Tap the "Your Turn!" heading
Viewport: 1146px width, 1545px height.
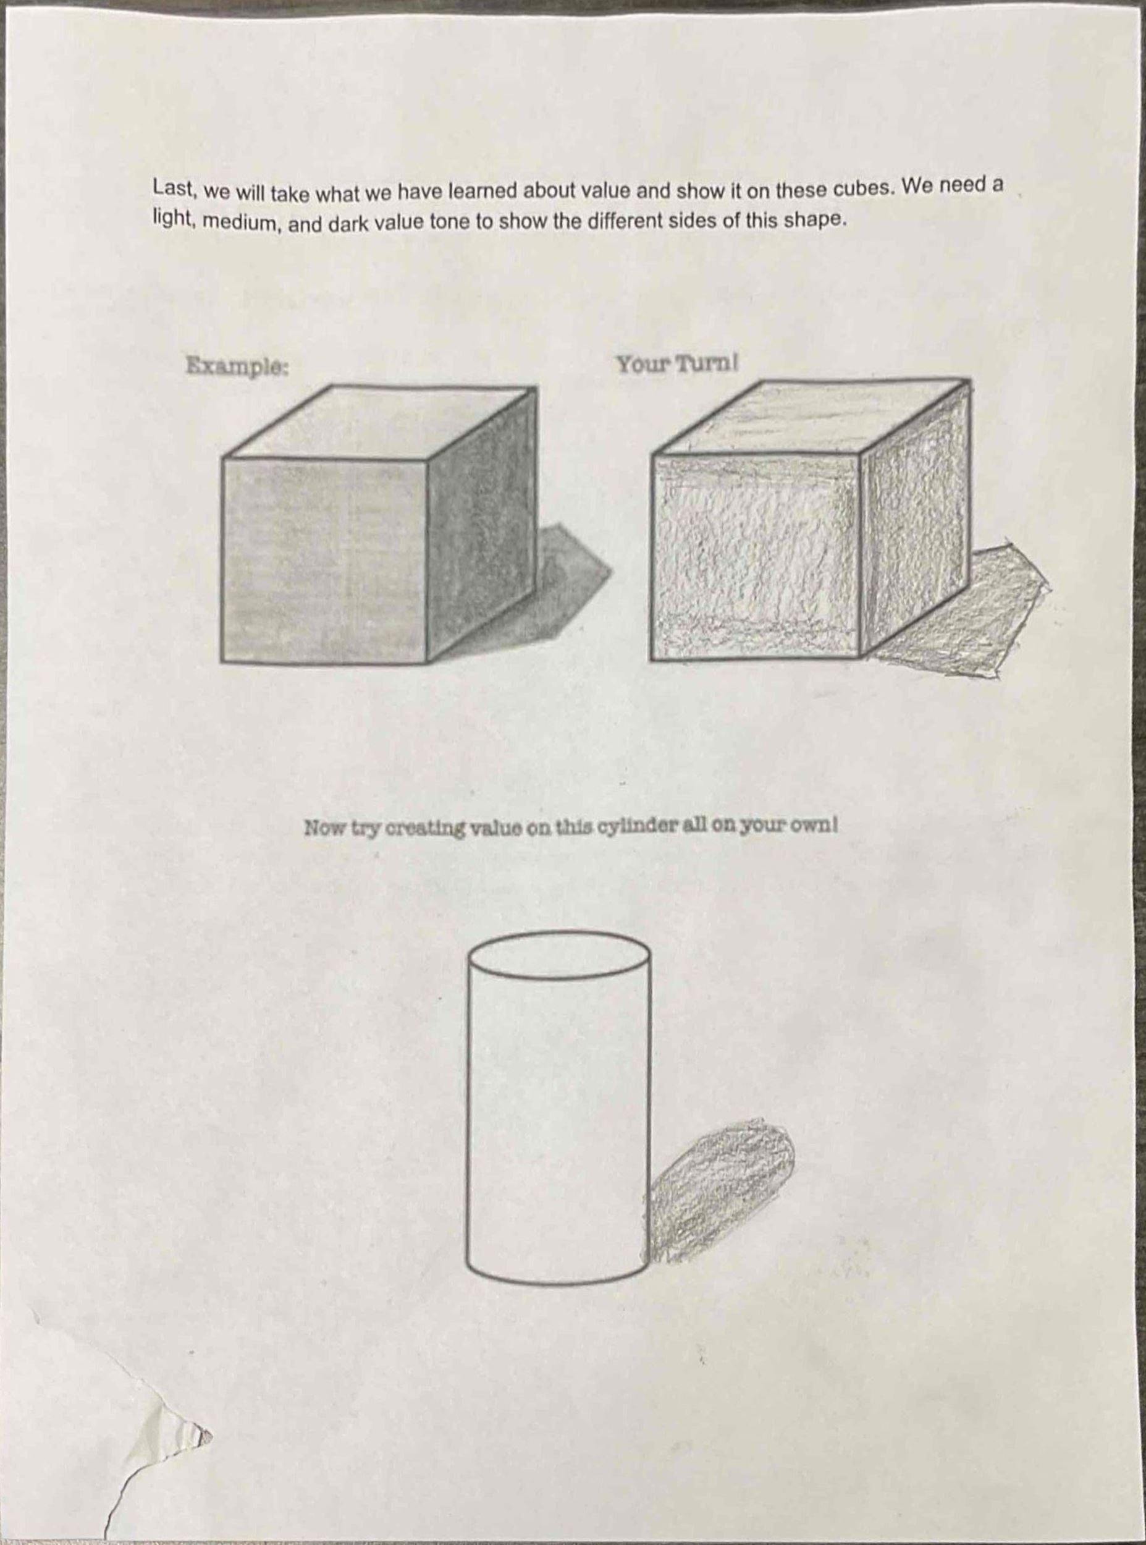(677, 363)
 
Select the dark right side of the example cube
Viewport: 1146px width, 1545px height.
(481, 525)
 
